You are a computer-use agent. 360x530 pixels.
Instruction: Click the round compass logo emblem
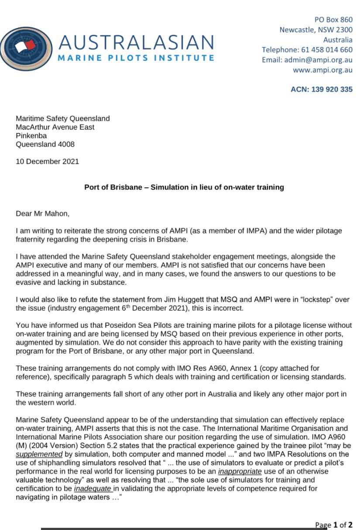(x=26, y=49)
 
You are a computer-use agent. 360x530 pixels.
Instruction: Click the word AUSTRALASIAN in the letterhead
(x=136, y=42)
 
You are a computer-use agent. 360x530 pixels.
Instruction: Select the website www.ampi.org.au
(x=322, y=70)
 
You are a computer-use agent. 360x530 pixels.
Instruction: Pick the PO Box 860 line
(x=333, y=20)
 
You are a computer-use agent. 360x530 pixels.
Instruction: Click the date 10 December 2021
(x=48, y=162)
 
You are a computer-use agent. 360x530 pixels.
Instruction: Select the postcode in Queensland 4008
(x=65, y=145)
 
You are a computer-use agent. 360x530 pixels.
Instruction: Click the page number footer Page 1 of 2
(x=334, y=524)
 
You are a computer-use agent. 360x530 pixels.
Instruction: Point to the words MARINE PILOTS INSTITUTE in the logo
(x=136, y=58)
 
